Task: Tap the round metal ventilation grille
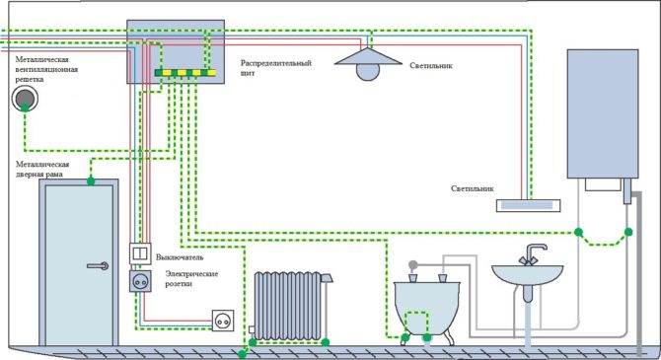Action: (x=24, y=98)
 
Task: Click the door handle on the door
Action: (x=98, y=264)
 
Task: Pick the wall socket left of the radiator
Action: (x=222, y=319)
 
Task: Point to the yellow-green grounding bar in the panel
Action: (x=185, y=73)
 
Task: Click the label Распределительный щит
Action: (x=276, y=68)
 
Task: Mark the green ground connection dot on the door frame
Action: (x=90, y=181)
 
